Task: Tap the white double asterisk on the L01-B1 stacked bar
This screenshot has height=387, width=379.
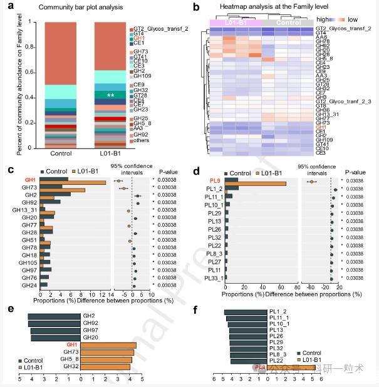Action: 110,96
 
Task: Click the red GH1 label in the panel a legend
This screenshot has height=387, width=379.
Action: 138,38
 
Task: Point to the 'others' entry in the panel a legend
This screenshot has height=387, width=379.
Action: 141,141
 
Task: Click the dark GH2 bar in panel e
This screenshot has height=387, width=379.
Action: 54,316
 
